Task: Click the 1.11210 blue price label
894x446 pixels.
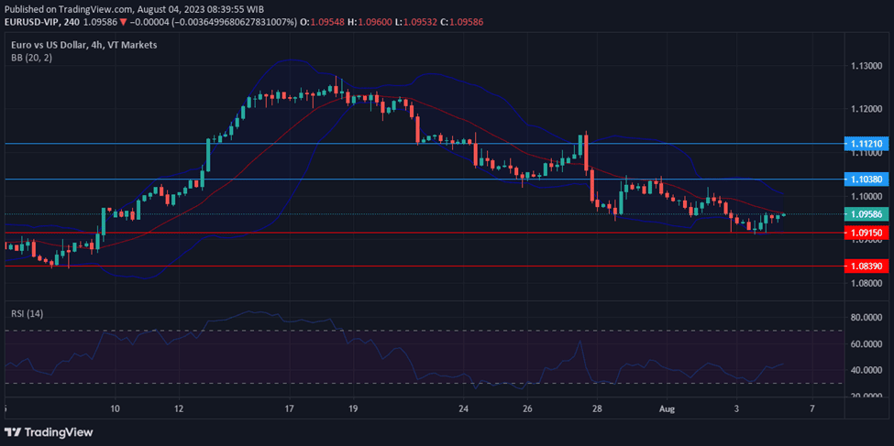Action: (x=866, y=144)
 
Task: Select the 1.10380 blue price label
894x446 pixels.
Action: (x=866, y=179)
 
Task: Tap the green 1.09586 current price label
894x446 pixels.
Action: (x=866, y=214)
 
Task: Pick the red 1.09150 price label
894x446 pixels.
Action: (x=866, y=233)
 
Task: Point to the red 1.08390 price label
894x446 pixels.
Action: (x=866, y=266)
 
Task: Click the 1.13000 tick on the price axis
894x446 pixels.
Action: (x=866, y=66)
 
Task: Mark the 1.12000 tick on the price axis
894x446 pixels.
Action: (x=866, y=109)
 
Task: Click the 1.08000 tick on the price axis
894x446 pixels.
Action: (x=866, y=283)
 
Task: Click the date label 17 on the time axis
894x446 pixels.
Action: (x=289, y=408)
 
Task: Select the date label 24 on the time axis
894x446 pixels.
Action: (x=464, y=408)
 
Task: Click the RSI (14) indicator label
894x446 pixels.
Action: (x=27, y=313)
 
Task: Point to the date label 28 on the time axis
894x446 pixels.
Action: (x=597, y=408)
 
